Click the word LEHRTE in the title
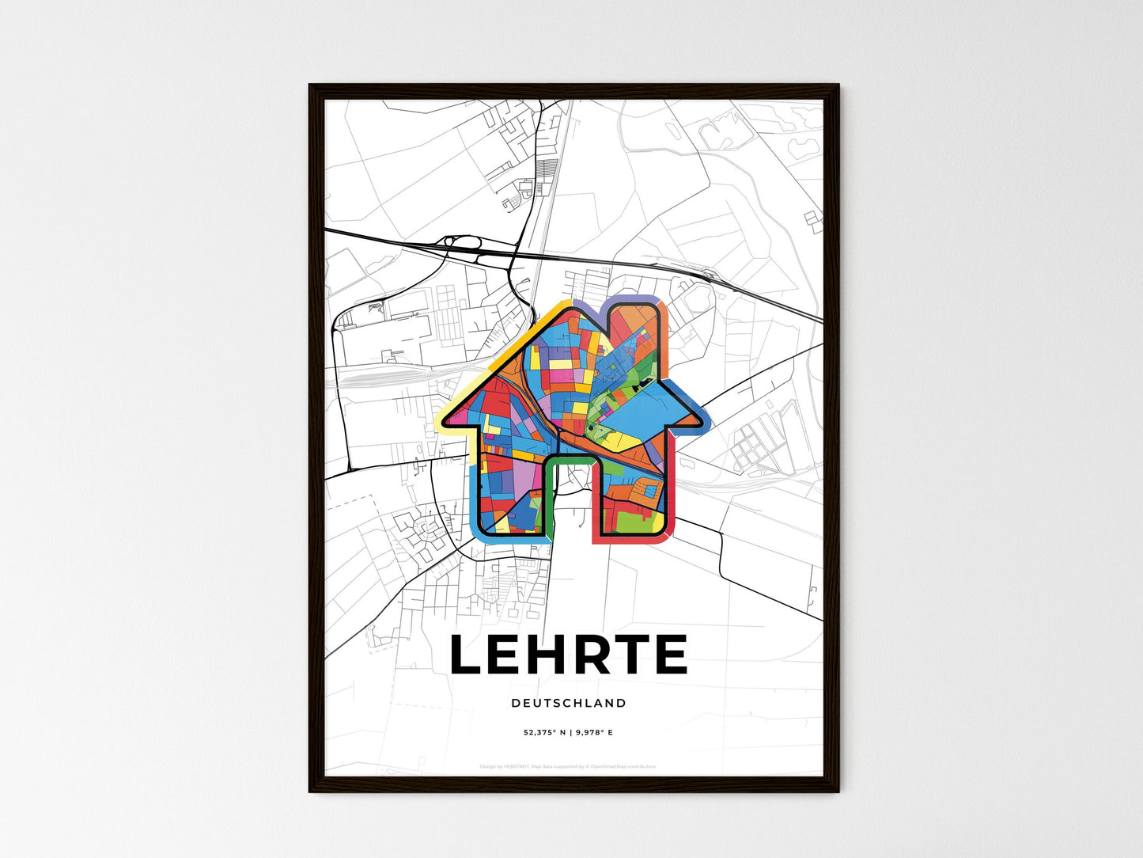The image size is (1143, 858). pos(569,655)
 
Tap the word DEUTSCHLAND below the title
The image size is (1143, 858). pos(569,703)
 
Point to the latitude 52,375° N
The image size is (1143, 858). pos(543,733)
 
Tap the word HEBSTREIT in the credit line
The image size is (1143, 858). pos(517,766)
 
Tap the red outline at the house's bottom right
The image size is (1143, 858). pos(633,541)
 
